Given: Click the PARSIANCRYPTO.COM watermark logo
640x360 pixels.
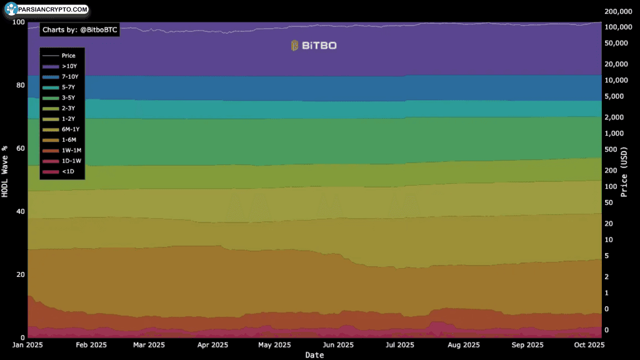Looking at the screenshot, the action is click(x=46, y=9).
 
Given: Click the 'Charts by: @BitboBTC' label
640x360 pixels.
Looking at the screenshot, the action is click(x=79, y=30).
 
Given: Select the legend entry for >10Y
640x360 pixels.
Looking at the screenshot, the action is click(x=59, y=66).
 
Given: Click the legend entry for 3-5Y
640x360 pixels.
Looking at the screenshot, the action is click(x=59, y=98).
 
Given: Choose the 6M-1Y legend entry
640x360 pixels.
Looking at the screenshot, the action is click(x=61, y=129).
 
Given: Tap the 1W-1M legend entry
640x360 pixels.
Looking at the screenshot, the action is click(x=62, y=150).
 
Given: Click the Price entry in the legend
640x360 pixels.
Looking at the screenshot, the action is click(x=59, y=56).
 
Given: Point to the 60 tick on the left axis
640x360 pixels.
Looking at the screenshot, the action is click(x=21, y=148).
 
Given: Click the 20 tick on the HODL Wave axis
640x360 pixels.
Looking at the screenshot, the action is click(x=21, y=274).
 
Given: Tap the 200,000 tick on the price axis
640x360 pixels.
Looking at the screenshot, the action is click(x=618, y=11).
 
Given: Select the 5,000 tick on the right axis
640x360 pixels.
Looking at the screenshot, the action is click(x=614, y=96).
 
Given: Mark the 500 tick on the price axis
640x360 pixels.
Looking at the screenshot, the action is click(x=610, y=149).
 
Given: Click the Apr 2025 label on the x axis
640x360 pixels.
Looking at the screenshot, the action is click(x=212, y=345).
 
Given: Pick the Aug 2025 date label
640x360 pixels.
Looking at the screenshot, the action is click(x=464, y=345).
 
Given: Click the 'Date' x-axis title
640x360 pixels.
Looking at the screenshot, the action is click(x=315, y=355).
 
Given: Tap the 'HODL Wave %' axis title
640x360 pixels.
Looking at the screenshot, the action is click(x=5, y=171).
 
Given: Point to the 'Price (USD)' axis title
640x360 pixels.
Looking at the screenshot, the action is click(x=624, y=172).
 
